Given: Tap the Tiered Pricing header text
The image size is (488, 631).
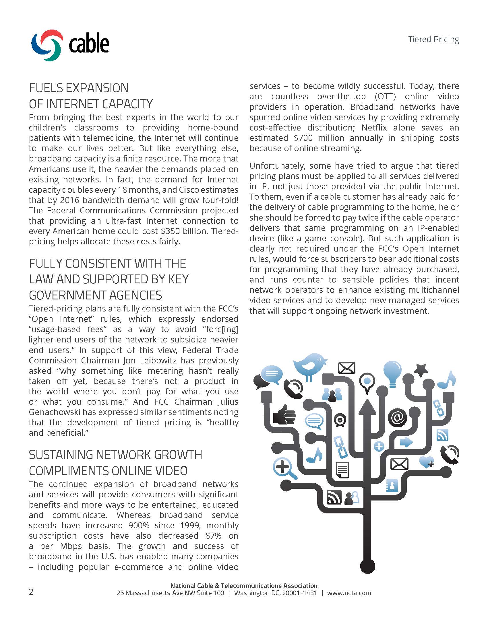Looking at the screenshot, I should [x=433, y=39].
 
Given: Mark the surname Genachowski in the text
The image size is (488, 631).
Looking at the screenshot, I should [x=53, y=412].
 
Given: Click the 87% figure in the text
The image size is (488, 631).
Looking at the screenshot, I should [x=213, y=536].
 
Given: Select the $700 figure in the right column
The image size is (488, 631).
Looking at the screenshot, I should [x=303, y=138].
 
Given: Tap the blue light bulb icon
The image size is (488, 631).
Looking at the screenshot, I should [x=392, y=373].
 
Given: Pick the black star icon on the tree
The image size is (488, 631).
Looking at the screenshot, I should [x=421, y=370].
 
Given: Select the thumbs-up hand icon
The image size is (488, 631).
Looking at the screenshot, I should [x=284, y=416].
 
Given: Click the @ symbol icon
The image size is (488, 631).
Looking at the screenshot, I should [x=397, y=418].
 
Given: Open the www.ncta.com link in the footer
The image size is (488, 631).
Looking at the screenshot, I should [x=349, y=593].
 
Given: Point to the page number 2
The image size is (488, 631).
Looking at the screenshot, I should [x=31, y=592].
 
